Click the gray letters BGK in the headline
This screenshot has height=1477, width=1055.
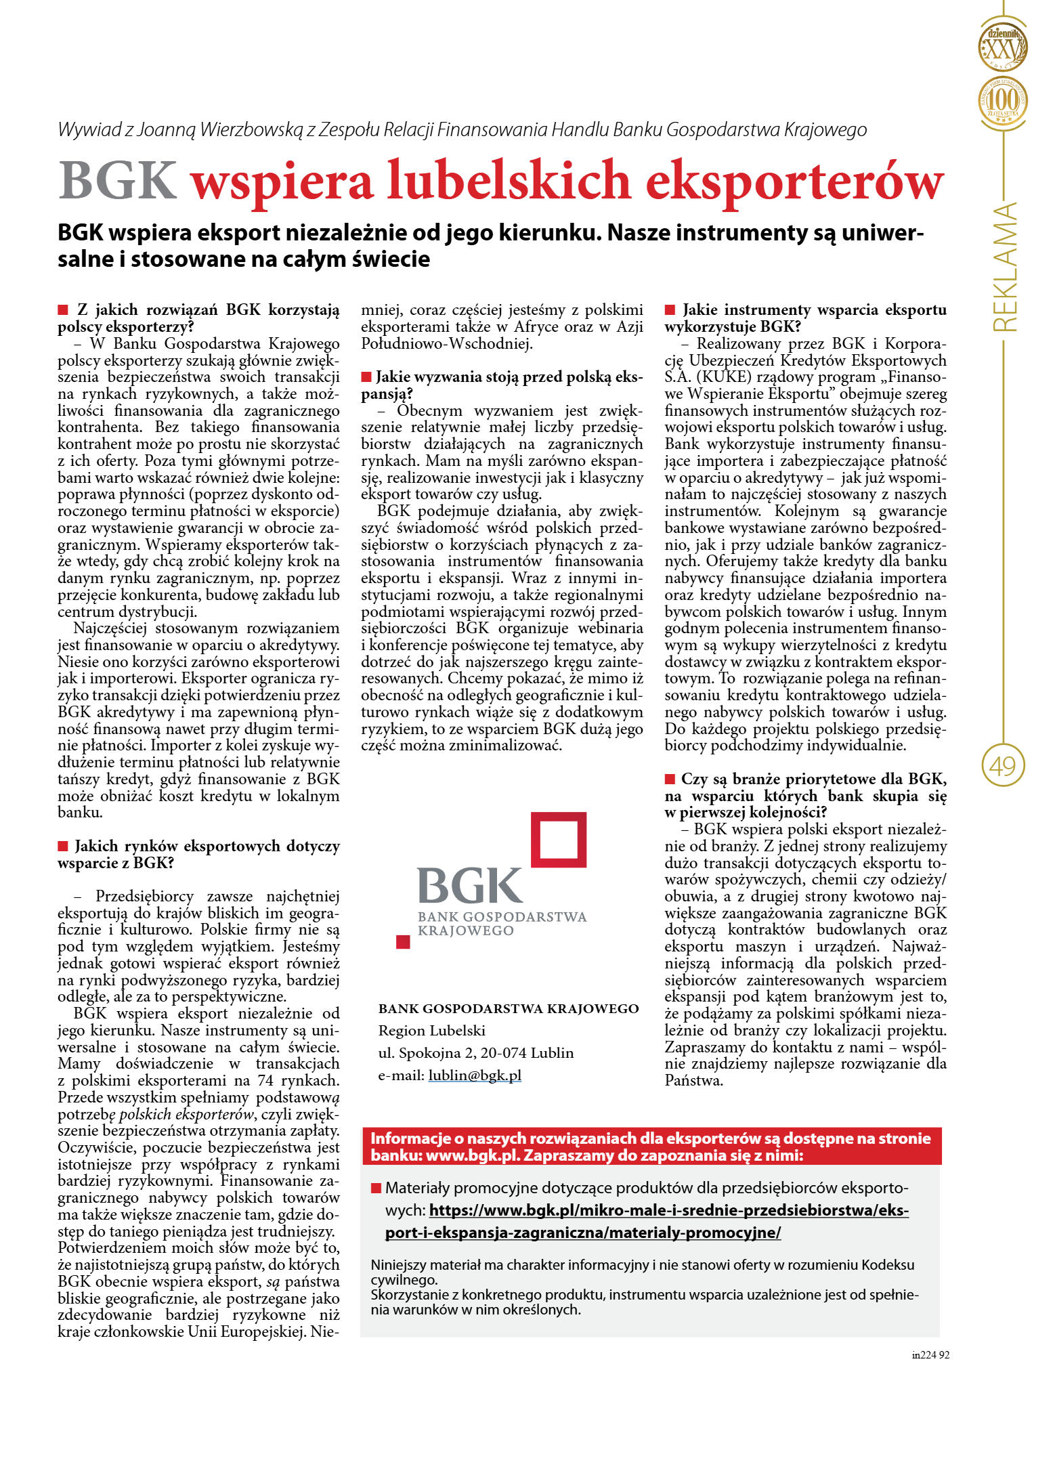pos(118,180)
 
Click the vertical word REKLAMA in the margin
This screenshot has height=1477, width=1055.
pos(1004,267)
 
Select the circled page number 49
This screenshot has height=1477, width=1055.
pos(1003,766)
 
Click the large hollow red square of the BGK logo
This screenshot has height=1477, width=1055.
pos(558,840)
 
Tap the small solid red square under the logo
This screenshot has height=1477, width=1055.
pos(403,941)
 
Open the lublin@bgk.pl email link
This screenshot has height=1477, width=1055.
pos(475,1075)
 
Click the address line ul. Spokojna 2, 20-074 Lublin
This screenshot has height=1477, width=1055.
pos(475,1053)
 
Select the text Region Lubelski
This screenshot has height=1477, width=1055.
pos(431,1031)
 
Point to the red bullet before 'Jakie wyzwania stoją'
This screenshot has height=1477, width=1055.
pos(366,377)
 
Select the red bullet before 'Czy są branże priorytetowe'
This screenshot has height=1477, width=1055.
pos(670,779)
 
